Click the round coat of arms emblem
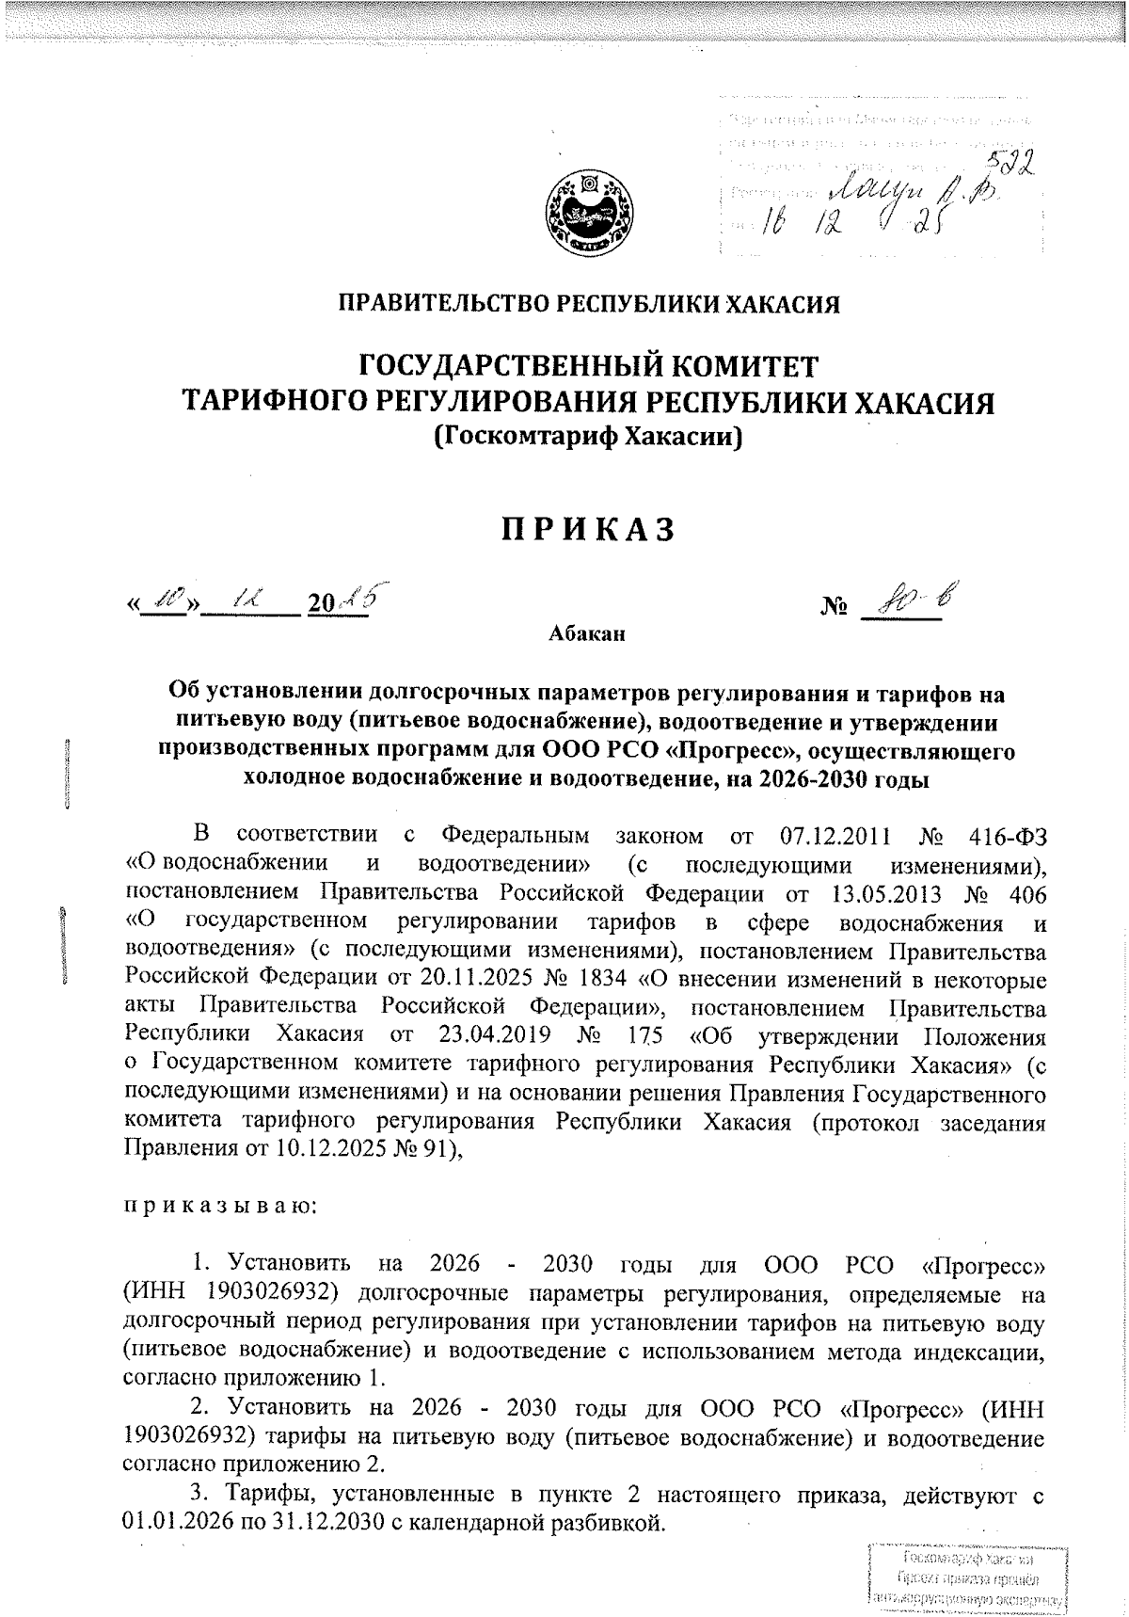coord(590,211)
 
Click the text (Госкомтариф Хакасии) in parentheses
coord(588,437)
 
